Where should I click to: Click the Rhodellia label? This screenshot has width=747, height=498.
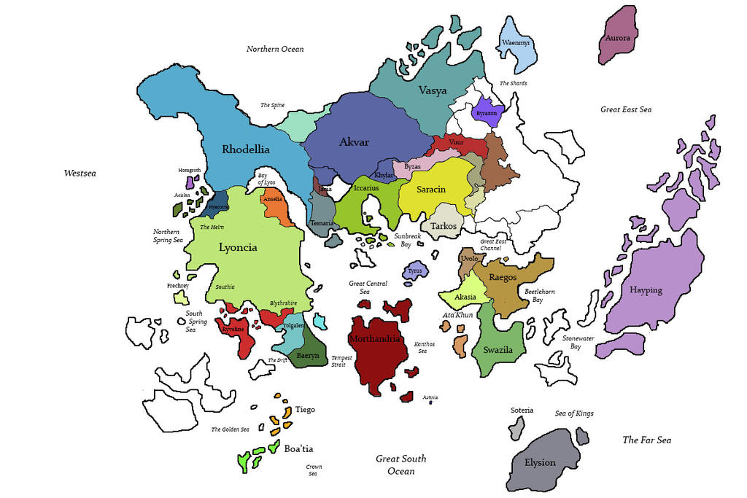point(246,149)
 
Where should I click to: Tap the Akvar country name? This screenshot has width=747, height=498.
point(355,142)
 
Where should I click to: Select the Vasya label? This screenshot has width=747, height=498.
point(433,91)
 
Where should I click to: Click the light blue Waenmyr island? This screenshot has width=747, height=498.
point(516,44)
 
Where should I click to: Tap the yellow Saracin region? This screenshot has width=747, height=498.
point(431,190)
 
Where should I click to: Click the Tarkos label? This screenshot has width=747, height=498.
point(444,226)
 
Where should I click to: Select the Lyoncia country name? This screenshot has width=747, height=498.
point(239,247)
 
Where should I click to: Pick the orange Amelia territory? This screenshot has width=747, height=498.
point(273,199)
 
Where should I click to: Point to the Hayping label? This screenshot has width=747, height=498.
point(646,290)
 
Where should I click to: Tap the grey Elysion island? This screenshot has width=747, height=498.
point(541,462)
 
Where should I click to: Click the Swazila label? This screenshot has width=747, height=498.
point(498,351)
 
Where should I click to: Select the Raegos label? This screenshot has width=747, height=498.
point(503,278)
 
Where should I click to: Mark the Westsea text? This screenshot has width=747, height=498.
point(80,174)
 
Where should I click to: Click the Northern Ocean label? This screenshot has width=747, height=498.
point(275,49)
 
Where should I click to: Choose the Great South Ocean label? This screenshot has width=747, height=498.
point(400,464)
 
